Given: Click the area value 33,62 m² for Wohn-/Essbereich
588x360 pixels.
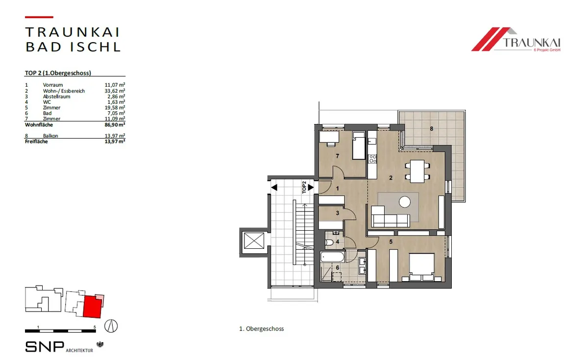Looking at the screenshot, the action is [x=115, y=91].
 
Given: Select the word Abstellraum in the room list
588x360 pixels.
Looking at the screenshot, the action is [x=56, y=96].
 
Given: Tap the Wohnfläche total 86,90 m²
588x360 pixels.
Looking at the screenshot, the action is [x=115, y=124].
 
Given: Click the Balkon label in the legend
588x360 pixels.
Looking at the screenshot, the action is [x=50, y=136].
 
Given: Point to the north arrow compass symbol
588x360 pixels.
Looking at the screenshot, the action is [x=111, y=326].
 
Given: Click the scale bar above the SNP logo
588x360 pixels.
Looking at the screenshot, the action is [x=60, y=331].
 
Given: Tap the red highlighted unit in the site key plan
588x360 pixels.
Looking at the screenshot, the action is [x=93, y=307].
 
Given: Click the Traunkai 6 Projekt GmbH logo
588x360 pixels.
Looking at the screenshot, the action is [x=516, y=39].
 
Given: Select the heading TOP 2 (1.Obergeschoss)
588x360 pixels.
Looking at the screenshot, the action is [x=58, y=73].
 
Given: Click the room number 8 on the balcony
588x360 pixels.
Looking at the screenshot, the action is [x=431, y=128].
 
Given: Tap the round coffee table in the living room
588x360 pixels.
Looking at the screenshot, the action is [x=405, y=202].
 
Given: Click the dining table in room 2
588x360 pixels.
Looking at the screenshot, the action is [x=417, y=171].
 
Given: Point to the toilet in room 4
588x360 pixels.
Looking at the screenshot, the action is [x=329, y=242].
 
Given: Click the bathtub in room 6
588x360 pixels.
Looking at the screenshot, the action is [x=332, y=257].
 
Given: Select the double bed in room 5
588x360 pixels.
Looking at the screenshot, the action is [x=421, y=267].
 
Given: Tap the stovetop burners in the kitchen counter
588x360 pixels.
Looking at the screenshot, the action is [x=372, y=159].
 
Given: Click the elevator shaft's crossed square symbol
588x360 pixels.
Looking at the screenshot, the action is [x=254, y=240].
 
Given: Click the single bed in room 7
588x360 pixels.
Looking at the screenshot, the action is [x=359, y=146].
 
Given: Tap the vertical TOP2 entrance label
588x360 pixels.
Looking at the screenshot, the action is [x=304, y=187].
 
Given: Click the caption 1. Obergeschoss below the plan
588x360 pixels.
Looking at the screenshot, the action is [x=262, y=329].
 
